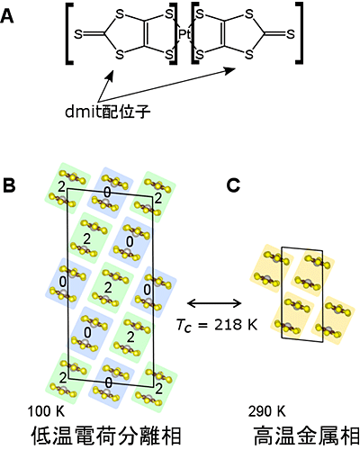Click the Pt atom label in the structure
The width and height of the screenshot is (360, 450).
point(184,34)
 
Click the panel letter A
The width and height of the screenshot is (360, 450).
point(7,17)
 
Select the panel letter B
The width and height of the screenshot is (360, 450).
point(9,185)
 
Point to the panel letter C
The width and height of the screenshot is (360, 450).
point(233,185)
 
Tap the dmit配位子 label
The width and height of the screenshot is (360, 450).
point(108,112)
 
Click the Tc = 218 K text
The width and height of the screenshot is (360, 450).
point(217,324)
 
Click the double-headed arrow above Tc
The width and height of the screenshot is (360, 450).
point(214,303)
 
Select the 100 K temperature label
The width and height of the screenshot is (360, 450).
point(46,411)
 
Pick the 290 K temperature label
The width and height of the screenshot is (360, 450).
point(267,411)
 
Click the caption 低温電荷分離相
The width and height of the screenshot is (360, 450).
point(106,436)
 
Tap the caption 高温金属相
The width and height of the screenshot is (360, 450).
point(306,436)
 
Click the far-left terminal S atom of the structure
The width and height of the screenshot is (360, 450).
point(78,34)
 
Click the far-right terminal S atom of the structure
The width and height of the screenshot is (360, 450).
point(291,34)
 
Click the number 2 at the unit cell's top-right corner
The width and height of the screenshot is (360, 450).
point(157,199)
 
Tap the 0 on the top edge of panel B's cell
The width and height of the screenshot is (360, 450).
point(107,193)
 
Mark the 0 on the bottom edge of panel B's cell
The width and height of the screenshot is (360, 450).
point(109,383)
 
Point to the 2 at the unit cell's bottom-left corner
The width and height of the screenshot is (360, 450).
point(62,378)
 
